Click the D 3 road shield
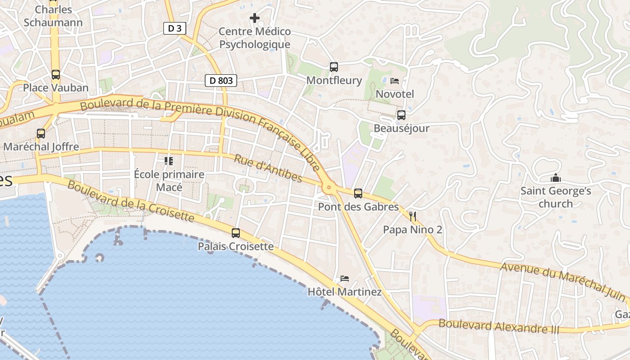[175, 28]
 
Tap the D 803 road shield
[221, 81]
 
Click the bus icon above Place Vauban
[55, 75]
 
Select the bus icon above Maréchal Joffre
[41, 134]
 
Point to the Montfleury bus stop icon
[333, 67]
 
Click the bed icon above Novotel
[395, 81]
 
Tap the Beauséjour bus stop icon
[401, 115]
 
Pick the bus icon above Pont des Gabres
[358, 193]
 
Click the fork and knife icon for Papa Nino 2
[413, 216]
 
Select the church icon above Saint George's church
[556, 178]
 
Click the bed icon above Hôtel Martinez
[345, 279]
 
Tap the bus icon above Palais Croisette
[236, 233]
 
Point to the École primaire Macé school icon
[169, 161]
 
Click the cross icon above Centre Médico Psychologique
[255, 18]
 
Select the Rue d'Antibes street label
[268, 168]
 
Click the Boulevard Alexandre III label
[499, 326]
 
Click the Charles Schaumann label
[53, 16]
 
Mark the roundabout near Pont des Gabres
[329, 187]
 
